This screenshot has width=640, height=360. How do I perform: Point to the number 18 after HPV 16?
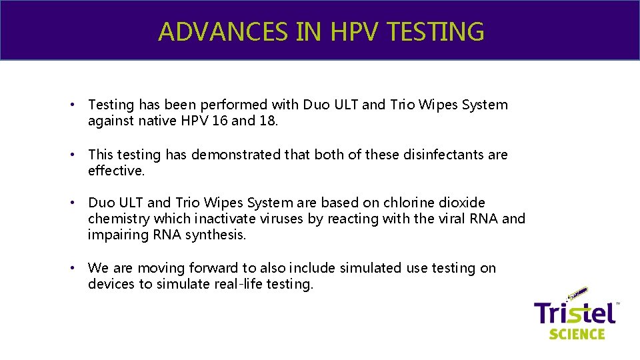tap(268, 121)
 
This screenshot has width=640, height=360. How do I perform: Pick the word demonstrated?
tap(236, 155)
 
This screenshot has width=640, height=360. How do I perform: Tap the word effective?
tap(116, 171)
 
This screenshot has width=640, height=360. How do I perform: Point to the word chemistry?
tap(119, 219)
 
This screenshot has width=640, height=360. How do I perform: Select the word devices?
tap(110, 284)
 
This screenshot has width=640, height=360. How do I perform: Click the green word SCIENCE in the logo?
tap(577, 333)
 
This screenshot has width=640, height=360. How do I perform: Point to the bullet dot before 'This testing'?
tap(79, 155)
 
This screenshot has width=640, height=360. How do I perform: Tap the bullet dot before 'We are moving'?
tap(79, 269)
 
